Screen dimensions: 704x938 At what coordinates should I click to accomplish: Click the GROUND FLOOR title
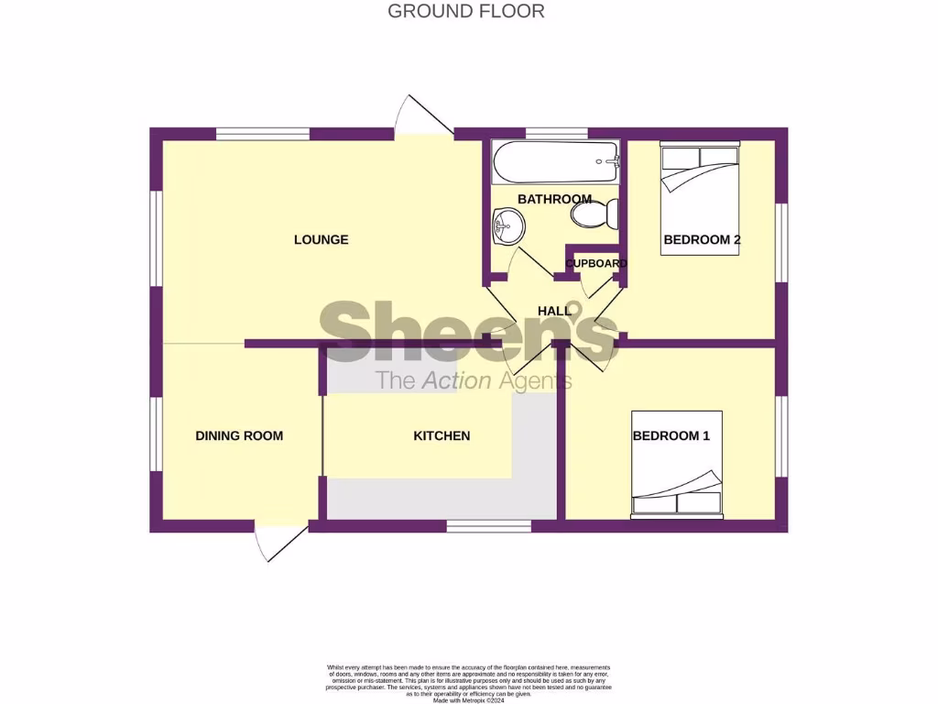(465, 11)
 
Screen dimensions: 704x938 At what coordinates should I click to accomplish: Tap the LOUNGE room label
(321, 240)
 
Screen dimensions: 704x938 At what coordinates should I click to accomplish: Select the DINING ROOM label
(239, 436)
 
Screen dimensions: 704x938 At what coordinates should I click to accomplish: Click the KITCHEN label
(442, 436)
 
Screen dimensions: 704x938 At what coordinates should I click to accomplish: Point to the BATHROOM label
(554, 200)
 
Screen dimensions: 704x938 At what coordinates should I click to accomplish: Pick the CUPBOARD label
(596, 264)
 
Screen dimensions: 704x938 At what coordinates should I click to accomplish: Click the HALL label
(554, 312)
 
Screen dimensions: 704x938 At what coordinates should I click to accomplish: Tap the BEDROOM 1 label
(671, 436)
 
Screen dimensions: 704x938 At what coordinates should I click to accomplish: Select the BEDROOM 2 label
(702, 240)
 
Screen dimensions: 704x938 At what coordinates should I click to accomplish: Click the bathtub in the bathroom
(557, 162)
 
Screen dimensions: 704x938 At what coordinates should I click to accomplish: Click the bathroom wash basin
(507, 224)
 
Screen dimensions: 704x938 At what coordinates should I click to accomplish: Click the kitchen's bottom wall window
(488, 526)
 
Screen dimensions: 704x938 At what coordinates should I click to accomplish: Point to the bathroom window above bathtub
(557, 134)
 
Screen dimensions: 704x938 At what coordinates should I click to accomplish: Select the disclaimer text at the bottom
(468, 683)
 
